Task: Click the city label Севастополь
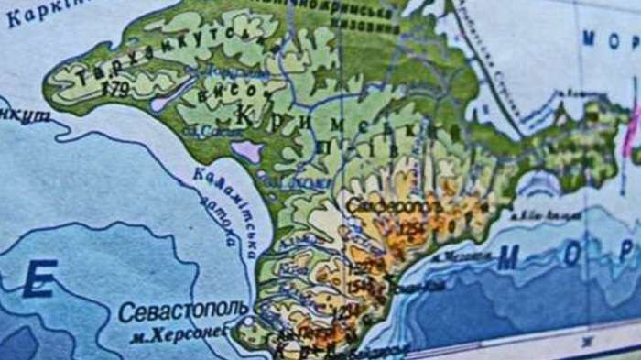coord(182,312)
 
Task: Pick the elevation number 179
coord(117,89)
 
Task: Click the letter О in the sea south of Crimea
coord(571,255)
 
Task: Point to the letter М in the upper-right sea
coord(592,38)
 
